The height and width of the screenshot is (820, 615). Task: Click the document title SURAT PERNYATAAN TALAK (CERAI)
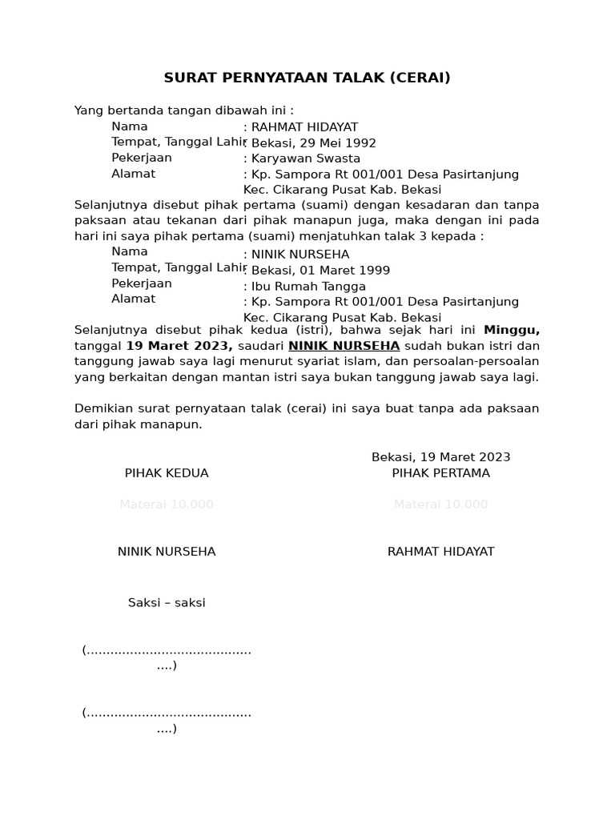tap(307, 78)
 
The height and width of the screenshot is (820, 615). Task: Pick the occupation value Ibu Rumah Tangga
tap(308, 287)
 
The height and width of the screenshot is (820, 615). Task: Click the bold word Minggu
tap(512, 330)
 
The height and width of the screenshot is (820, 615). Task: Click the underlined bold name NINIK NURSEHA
tap(344, 346)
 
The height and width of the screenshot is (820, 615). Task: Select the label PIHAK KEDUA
tap(167, 473)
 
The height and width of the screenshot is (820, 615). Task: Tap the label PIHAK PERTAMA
tap(440, 473)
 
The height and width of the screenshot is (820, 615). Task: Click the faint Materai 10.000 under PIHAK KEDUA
tap(167, 504)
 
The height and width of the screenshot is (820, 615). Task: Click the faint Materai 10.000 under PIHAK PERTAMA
tap(440, 504)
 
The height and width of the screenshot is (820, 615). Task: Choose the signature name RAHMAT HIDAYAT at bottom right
tap(440, 552)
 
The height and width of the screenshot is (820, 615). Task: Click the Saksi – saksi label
tap(167, 603)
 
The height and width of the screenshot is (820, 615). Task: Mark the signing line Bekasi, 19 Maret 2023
tap(440, 457)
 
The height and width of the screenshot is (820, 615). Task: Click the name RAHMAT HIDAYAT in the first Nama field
tap(304, 127)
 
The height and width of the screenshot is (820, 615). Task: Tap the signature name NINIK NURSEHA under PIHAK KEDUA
tap(167, 552)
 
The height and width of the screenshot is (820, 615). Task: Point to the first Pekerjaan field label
tap(142, 158)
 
